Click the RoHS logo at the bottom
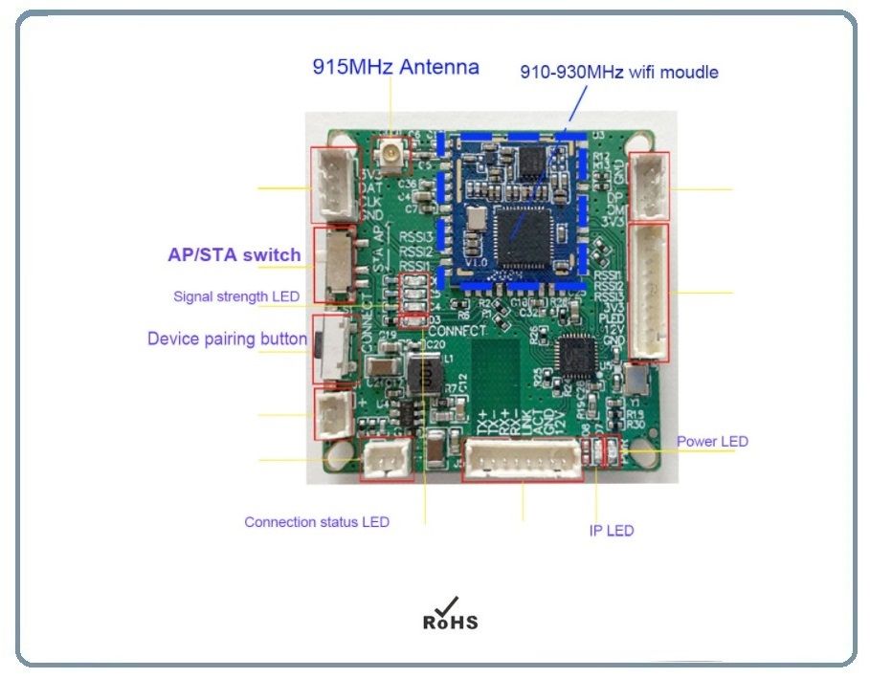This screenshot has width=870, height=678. tap(450, 614)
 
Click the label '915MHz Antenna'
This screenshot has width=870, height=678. tap(395, 67)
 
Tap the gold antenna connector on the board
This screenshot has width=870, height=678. tap(390, 151)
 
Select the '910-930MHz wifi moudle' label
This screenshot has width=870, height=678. tap(618, 72)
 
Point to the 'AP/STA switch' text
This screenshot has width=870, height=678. tap(234, 254)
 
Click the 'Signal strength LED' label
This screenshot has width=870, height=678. tap(235, 296)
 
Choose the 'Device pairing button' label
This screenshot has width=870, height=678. tap(227, 339)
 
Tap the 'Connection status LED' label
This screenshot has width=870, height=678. tap(317, 522)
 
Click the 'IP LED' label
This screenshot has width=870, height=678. tap(611, 531)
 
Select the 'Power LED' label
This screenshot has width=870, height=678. tap(712, 442)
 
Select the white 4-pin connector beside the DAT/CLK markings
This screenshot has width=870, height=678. tap(330, 186)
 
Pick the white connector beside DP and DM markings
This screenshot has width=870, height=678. tap(652, 186)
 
